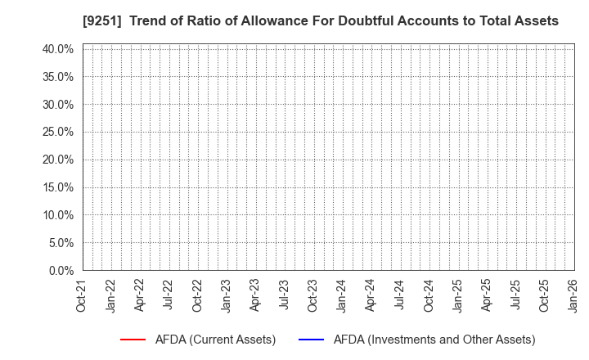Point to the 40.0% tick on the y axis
click(56, 49)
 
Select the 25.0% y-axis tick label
click(56, 132)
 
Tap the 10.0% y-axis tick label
click(56, 215)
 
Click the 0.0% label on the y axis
click(60, 270)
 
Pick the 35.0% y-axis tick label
click(56, 77)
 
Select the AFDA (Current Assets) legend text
click(216, 340)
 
